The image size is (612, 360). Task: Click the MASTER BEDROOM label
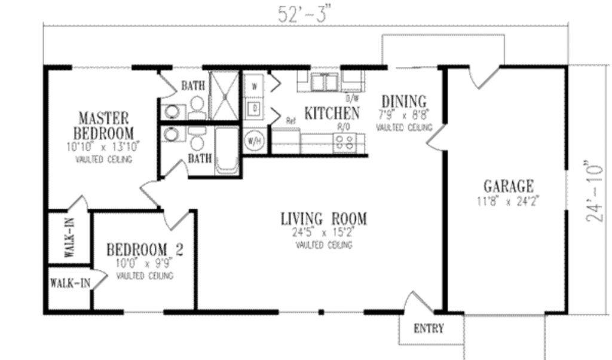(x=104, y=124)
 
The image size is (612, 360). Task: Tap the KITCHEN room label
(x=332, y=112)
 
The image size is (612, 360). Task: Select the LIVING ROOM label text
(x=324, y=219)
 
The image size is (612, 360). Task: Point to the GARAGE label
(x=508, y=186)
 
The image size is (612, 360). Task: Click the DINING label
(x=404, y=101)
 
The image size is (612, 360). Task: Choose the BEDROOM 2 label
(x=145, y=249)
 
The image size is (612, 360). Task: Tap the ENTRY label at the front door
(x=429, y=328)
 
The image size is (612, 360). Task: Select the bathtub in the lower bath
(x=227, y=149)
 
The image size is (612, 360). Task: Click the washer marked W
(x=253, y=86)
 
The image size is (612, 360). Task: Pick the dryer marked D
(x=253, y=108)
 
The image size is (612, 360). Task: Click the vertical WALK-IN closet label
(x=69, y=238)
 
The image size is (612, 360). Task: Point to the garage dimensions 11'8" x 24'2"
(x=508, y=202)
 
